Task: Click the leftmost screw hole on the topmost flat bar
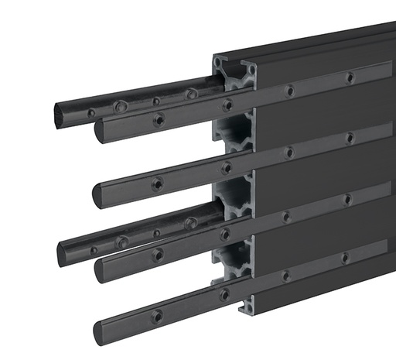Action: pyautogui.click(x=158, y=119)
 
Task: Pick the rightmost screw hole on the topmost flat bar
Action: pyautogui.click(x=350, y=77)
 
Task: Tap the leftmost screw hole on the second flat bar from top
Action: pyautogui.click(x=157, y=183)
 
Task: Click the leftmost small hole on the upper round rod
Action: pyautogui.click(x=91, y=113)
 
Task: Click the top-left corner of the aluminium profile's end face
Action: pyautogui.click(x=214, y=57)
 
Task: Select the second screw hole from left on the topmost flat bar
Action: pyautogui.click(x=227, y=104)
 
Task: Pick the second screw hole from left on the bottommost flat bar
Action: pyautogui.click(x=225, y=294)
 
